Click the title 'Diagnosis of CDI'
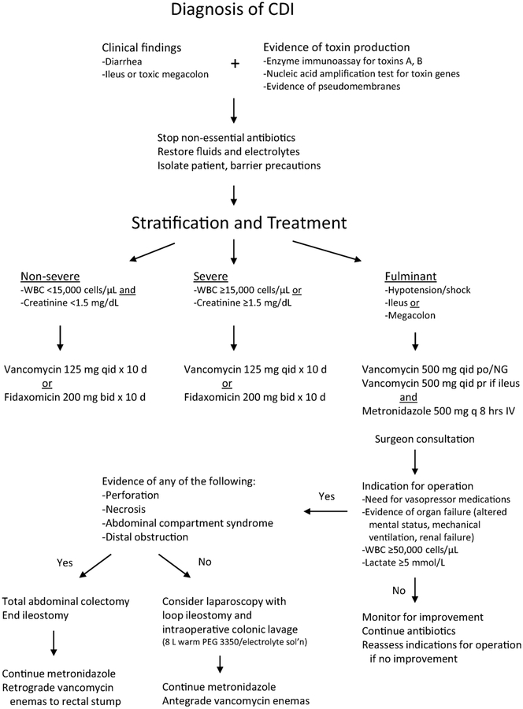[236, 15]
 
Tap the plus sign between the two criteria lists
[235, 64]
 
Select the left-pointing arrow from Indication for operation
[325, 511]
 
